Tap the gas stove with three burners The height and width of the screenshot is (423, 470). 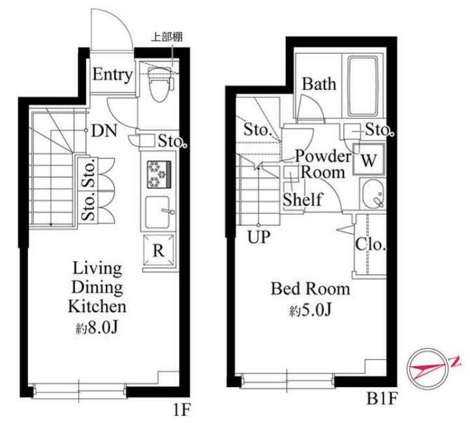click(x=159, y=174)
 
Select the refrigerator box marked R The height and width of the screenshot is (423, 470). click(x=159, y=250)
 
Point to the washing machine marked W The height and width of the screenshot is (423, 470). click(x=368, y=159)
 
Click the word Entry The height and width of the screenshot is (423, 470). click(x=112, y=74)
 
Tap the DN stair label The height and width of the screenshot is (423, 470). click(x=104, y=131)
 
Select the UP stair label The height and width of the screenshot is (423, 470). click(x=258, y=237)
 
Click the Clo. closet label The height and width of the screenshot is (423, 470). click(x=370, y=244)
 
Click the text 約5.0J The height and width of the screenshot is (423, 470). click(x=310, y=311)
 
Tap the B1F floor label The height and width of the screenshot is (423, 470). click(x=382, y=399)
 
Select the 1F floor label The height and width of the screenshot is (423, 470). click(x=182, y=410)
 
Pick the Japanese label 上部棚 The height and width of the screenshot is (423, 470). click(x=166, y=37)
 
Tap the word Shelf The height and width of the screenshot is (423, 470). click(x=302, y=199)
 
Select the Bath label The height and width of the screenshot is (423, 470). click(x=319, y=84)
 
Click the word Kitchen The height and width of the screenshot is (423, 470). click(x=97, y=306)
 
